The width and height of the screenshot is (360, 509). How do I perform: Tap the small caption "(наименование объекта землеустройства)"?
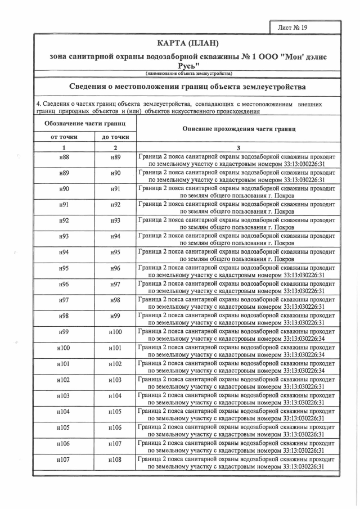pyautogui.click(x=188, y=74)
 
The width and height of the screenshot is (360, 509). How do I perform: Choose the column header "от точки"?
pyautogui.click(x=64, y=137)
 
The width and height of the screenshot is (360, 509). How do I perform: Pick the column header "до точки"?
pyautogui.click(x=115, y=137)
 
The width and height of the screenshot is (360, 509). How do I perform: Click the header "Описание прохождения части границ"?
pyautogui.click(x=238, y=129)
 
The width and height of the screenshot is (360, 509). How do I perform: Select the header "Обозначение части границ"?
pyautogui.click(x=84, y=123)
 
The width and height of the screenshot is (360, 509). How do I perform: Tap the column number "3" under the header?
pyautogui.click(x=238, y=147)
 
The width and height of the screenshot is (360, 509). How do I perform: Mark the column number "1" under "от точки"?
pyautogui.click(x=64, y=147)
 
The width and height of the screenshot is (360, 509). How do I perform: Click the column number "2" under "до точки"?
pyautogui.click(x=115, y=147)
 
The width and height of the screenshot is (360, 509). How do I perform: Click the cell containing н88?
pyautogui.click(x=64, y=158)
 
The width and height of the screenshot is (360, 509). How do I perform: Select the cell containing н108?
pyautogui.click(x=115, y=460)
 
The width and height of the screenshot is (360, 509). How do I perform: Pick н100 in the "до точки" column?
pyautogui.click(x=115, y=332)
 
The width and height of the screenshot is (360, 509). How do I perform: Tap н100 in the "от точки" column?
pyautogui.click(x=64, y=348)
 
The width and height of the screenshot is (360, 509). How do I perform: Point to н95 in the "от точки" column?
pyautogui.click(x=64, y=269)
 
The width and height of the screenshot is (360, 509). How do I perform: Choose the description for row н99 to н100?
pyautogui.click(x=238, y=332)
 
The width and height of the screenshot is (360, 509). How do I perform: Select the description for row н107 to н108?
pyautogui.click(x=238, y=460)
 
